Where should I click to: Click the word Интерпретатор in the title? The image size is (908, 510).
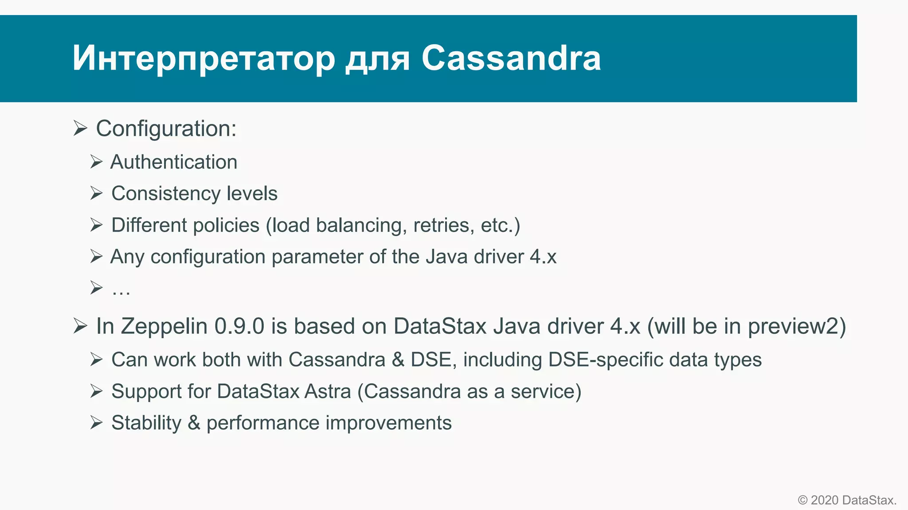[203, 58]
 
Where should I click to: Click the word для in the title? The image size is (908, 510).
[377, 58]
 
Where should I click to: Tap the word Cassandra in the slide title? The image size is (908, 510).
[511, 58]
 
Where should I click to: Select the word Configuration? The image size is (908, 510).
[166, 129]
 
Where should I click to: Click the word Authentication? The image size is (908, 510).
[174, 162]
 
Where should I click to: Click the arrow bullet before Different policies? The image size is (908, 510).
[96, 225]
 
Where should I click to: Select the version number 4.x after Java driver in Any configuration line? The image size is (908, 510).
[543, 257]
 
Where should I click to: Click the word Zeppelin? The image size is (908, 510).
[164, 326]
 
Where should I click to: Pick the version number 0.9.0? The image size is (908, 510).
[239, 326]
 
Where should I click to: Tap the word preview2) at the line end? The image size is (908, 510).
[797, 326]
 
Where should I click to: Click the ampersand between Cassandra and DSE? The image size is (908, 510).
[398, 359]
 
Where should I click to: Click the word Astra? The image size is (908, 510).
[327, 391]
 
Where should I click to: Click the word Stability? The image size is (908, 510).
[146, 423]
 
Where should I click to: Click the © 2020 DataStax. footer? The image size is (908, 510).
[847, 500]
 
